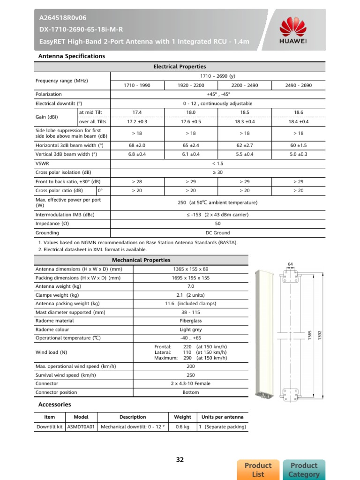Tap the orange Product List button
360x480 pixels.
tap(258, 469)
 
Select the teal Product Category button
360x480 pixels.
tap(304, 469)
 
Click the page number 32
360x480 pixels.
tap(180, 459)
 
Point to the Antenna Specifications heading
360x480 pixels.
tap(71, 56)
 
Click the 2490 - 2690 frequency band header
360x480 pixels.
tap(299, 85)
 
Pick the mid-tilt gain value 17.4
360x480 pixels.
tap(137, 112)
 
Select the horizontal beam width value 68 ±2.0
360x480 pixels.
tap(137, 145)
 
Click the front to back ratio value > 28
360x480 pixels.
tap(137, 181)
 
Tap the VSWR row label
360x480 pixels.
tap(42, 163)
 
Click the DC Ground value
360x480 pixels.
tap(217, 232)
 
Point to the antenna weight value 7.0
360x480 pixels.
tap(191, 286)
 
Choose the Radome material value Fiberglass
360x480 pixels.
tap(191, 321)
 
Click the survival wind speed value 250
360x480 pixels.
tap(191, 375)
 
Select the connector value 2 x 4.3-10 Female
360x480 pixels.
tap(191, 383)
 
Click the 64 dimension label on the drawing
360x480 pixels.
tap(290, 264)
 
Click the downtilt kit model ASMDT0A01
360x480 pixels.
tap(81, 427)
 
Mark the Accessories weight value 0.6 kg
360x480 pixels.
tap(182, 427)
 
